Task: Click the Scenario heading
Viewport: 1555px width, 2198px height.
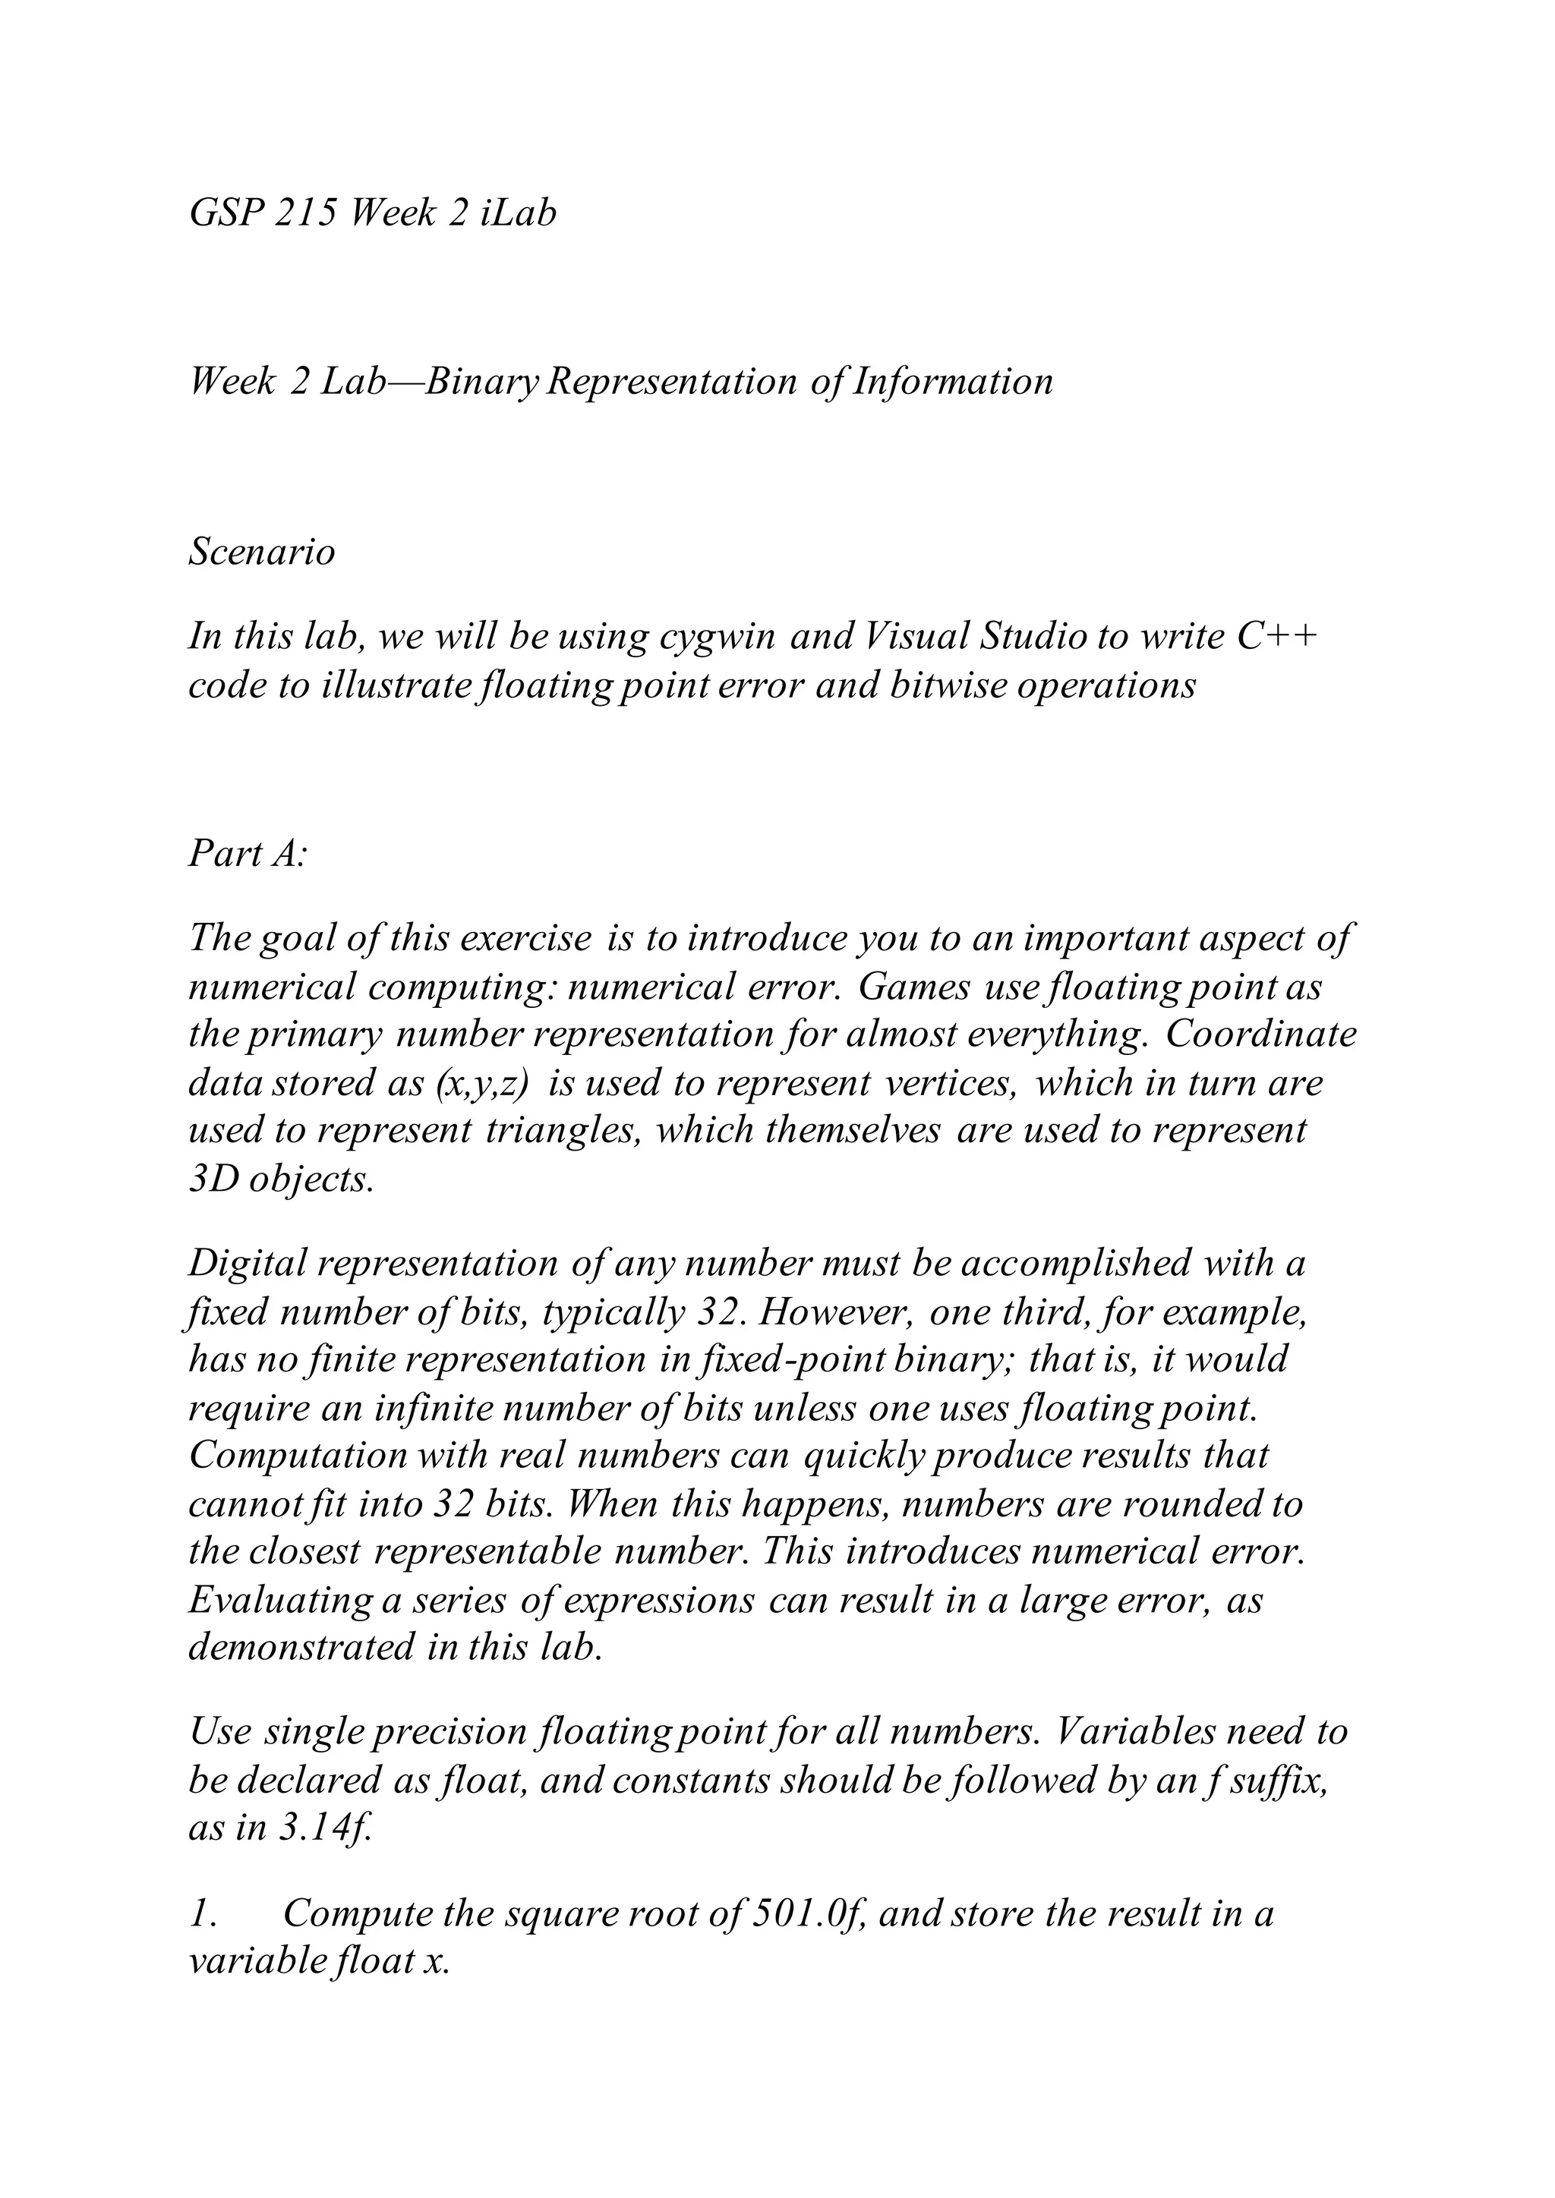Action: coord(261,553)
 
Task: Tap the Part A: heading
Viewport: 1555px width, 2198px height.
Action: coord(247,853)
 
